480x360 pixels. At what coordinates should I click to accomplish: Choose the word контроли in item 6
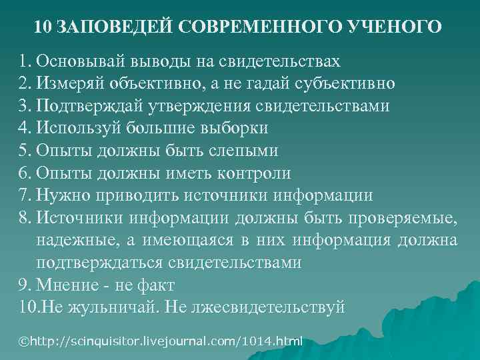tap(253, 173)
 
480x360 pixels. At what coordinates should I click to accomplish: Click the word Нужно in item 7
tap(61, 196)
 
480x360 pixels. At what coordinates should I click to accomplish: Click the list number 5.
tap(25, 151)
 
